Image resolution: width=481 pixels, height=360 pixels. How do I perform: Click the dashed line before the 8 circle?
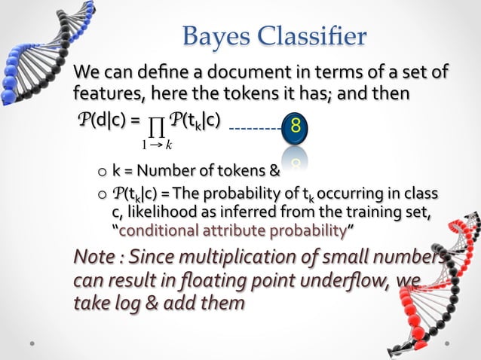pos(255,129)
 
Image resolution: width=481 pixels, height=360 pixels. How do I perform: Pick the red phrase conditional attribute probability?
pos(233,229)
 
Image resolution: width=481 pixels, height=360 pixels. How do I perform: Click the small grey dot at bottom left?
pos(32,343)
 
